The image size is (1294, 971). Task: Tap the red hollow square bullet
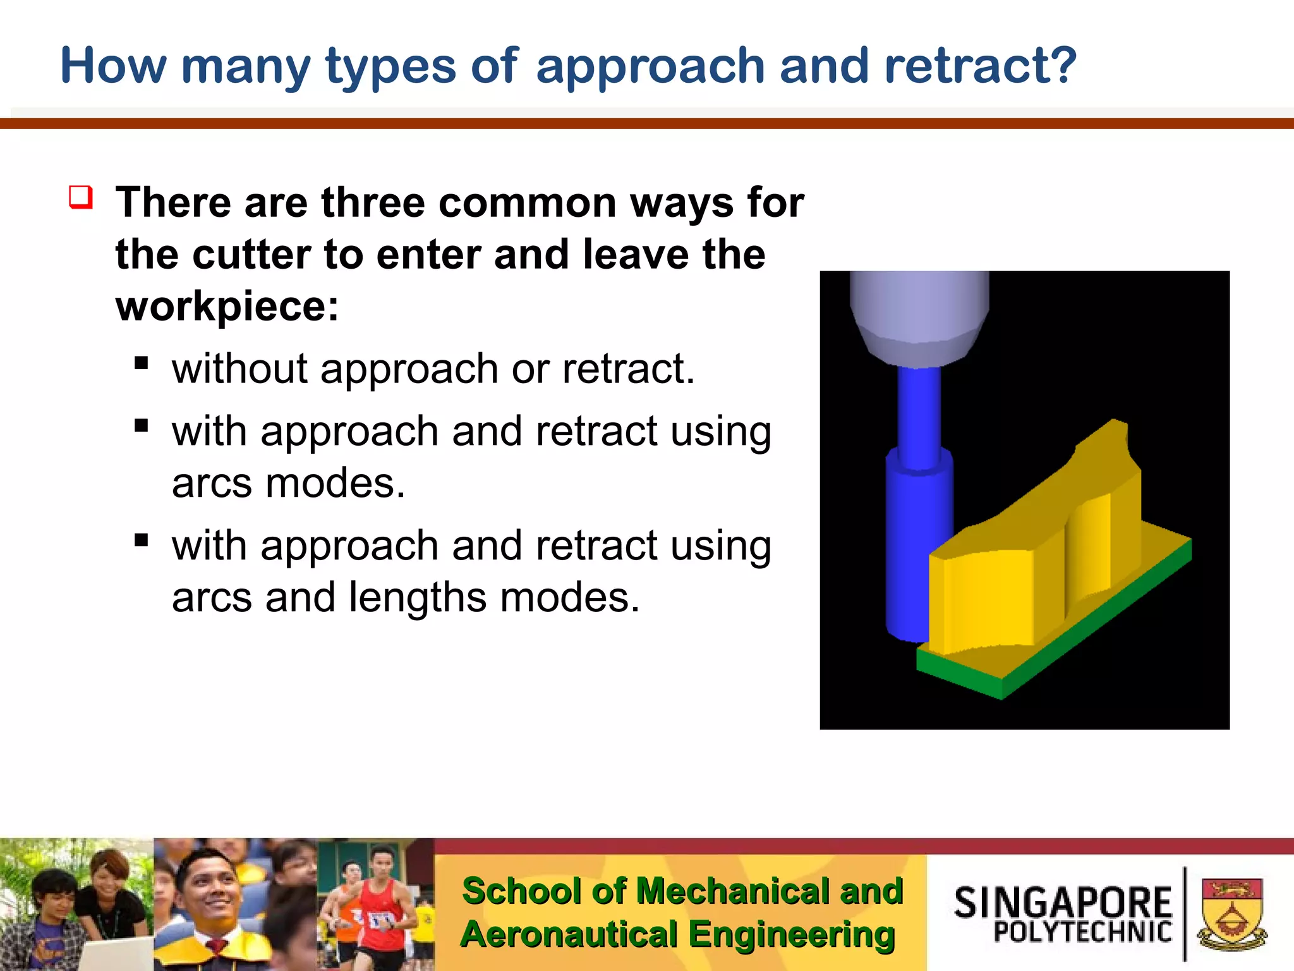(81, 197)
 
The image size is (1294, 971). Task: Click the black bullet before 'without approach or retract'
(142, 363)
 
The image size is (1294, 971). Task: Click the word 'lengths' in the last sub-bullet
(417, 597)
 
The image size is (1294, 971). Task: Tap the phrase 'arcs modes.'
(288, 484)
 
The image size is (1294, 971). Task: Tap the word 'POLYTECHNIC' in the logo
(1082, 932)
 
